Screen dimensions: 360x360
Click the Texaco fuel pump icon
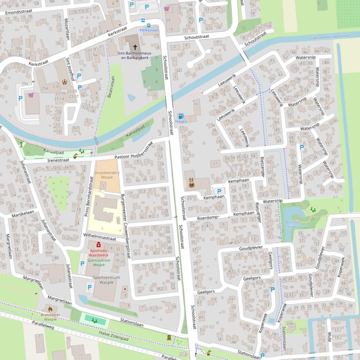[181, 115]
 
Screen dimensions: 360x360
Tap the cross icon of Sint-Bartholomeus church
[135, 47]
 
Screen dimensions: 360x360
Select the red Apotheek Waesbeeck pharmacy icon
[98, 245]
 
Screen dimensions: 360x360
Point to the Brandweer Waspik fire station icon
[50, 309]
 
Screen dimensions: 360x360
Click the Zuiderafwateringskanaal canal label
[329, 36]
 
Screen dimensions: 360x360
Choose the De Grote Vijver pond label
[291, 223]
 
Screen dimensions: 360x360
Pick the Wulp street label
[329, 337]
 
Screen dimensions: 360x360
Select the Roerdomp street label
[208, 217]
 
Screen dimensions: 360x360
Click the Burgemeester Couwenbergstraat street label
[125, 226]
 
